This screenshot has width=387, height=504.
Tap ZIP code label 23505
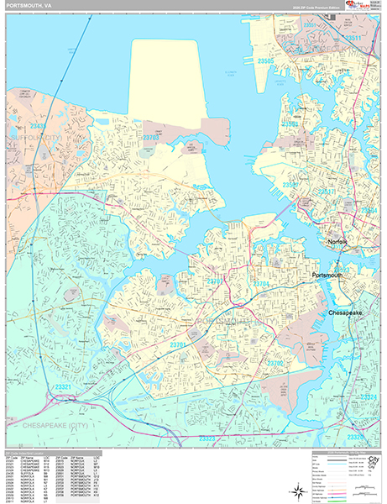tap(266, 61)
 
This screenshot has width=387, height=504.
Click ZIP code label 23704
tap(261, 285)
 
